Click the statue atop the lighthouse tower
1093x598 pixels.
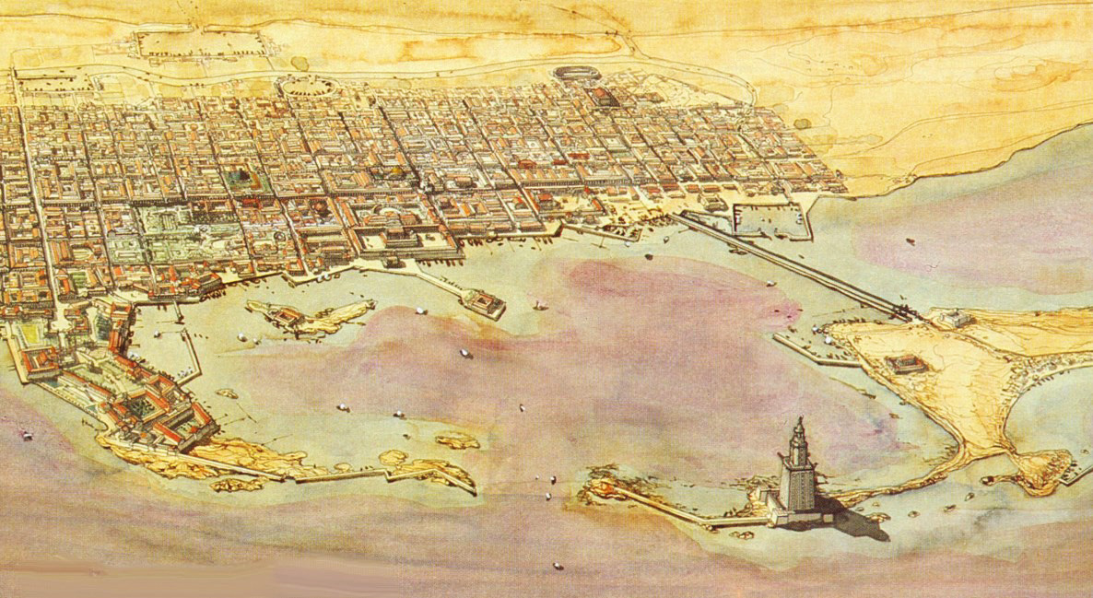(797, 421)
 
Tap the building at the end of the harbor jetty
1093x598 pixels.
(484, 302)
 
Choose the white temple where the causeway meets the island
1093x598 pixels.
(953, 319)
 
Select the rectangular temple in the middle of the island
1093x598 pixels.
(907, 364)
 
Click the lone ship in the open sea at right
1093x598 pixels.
(911, 241)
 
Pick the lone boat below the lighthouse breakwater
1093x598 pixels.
(558, 566)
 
